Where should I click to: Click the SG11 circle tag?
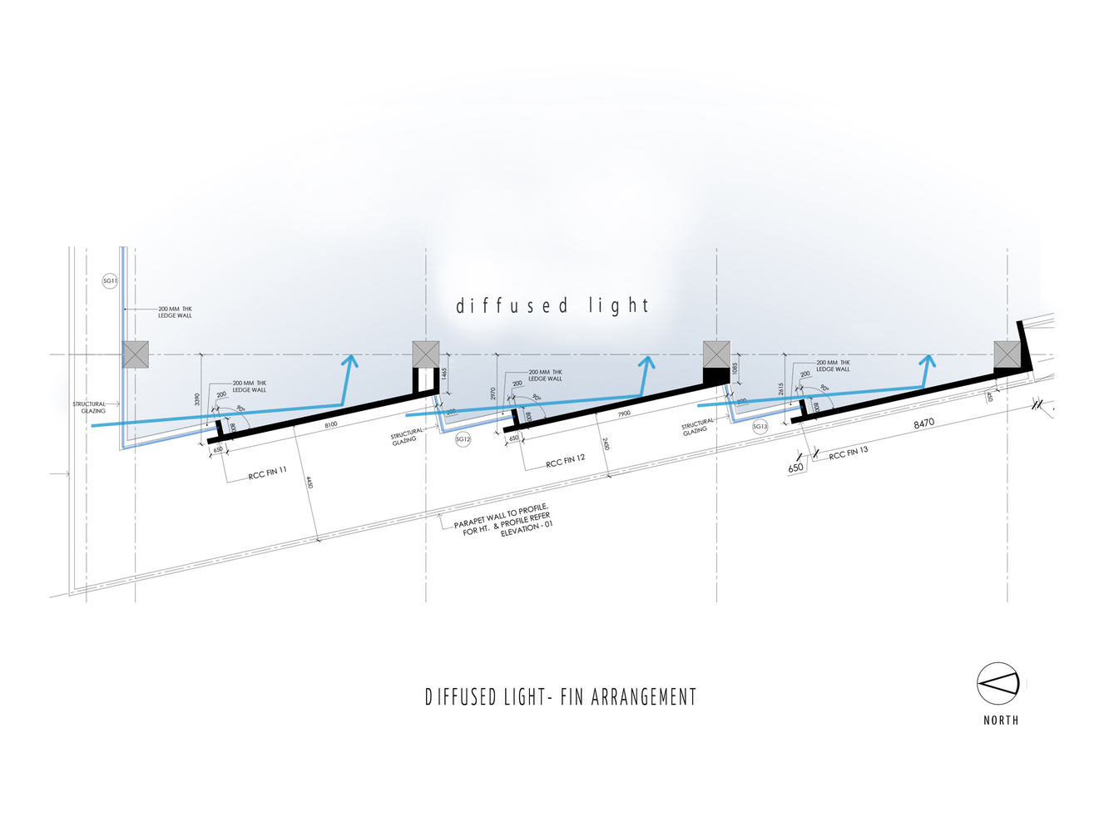coord(110,281)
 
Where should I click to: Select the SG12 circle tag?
coord(463,438)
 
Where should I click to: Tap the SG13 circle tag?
coord(760,426)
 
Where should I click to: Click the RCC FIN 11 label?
coord(267,473)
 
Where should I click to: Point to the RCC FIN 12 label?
coord(566,461)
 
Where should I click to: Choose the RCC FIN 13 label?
coord(848,453)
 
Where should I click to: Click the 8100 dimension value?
coord(330,424)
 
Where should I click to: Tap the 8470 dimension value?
coord(924,423)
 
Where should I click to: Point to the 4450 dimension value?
coord(309,482)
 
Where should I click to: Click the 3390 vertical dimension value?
coord(197,399)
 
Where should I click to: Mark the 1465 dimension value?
coord(444,374)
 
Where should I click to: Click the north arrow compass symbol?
coord(998,684)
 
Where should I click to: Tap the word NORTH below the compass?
coord(1001,721)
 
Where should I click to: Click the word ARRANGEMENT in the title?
coord(644,697)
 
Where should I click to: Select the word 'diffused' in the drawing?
coord(511,306)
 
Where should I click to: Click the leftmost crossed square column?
coord(135,354)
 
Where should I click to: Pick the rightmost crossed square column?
coord(1007,354)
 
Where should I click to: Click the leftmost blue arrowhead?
coord(350,361)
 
